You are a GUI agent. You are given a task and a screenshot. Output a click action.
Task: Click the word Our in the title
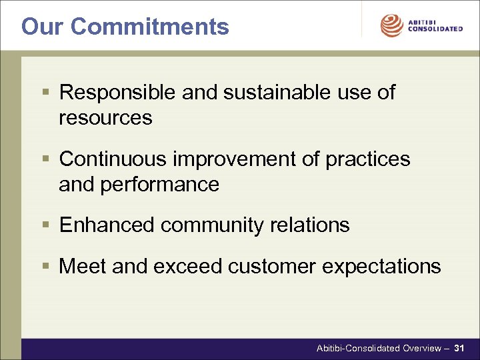pos(43,27)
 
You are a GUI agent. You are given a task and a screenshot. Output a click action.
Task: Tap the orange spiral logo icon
pos(392,26)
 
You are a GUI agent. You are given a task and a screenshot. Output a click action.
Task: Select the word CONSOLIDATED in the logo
pos(435,29)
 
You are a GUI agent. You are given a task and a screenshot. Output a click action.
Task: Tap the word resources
pos(105,118)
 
